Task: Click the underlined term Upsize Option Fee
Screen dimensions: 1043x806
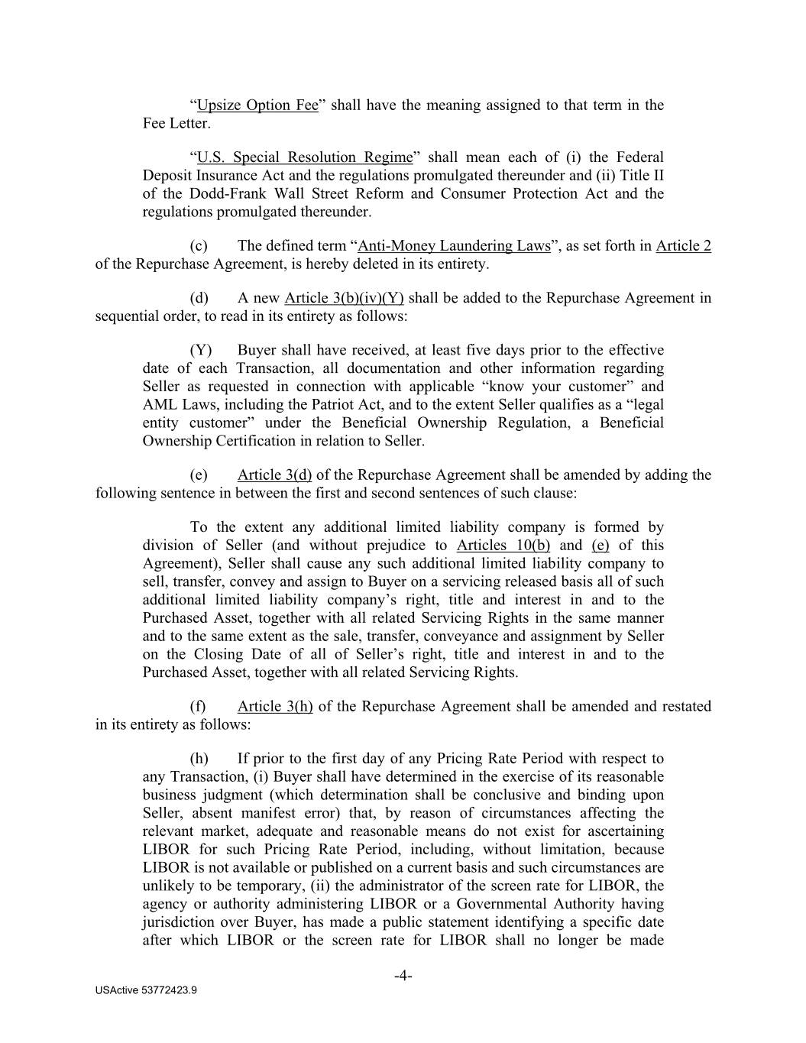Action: coord(257,105)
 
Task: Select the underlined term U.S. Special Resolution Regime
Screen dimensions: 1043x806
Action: coord(304,157)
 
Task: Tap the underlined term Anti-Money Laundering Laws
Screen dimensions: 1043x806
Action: coord(454,246)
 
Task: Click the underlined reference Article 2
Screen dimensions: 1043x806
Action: coord(683,246)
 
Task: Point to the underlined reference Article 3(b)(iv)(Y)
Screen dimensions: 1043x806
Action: coord(344,298)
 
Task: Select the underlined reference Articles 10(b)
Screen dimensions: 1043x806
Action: coord(503,546)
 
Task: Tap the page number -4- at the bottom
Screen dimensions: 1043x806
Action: coord(403,976)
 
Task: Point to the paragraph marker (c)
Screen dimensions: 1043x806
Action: coord(199,246)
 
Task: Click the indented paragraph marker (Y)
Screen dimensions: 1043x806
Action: coord(200,351)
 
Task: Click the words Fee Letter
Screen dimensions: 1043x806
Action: coord(175,124)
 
